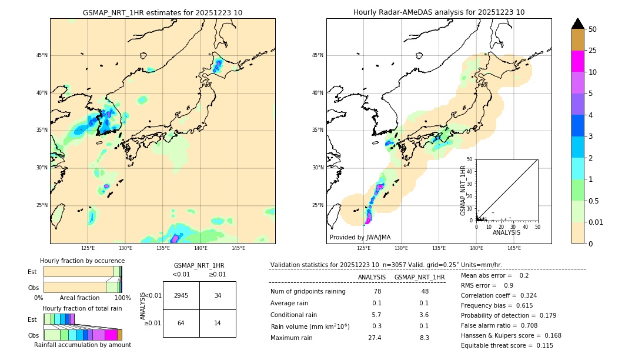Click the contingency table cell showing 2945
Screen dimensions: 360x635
[x=181, y=295]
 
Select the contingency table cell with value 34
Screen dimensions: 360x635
[x=218, y=295]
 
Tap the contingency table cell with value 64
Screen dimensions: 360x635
[x=181, y=323]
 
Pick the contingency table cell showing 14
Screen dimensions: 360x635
[x=218, y=323]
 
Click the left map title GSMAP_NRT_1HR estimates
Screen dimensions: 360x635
[x=162, y=12]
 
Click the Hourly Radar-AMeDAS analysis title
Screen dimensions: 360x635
[x=439, y=12]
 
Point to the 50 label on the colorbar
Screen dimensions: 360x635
[x=593, y=29]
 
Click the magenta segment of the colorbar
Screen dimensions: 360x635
[x=577, y=61]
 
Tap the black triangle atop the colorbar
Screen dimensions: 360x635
[x=577, y=24]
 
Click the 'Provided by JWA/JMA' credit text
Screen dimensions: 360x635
[x=360, y=237]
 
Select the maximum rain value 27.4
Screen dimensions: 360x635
[x=375, y=338]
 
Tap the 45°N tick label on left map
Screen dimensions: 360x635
[x=42, y=55]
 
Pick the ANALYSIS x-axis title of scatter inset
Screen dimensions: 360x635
[x=506, y=232]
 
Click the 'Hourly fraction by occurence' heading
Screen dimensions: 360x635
[x=82, y=261]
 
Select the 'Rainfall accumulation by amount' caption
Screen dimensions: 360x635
[x=82, y=345]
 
